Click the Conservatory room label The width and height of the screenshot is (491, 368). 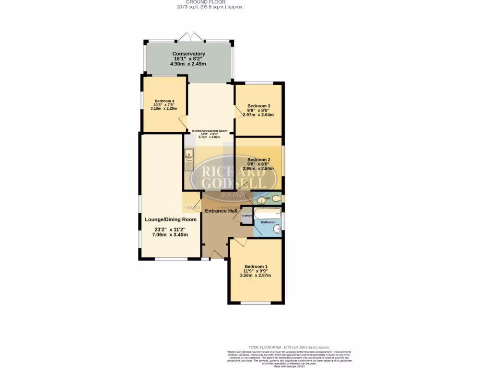pos(189,54)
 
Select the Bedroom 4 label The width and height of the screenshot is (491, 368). pos(164,101)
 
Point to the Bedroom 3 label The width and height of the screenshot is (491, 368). pos(259,106)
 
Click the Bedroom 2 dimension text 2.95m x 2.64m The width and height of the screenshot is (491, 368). pos(259,169)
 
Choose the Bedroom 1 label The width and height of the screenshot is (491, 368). pos(256,266)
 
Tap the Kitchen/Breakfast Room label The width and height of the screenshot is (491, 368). pos(210,131)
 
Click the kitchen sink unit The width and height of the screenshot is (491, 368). pos(189,160)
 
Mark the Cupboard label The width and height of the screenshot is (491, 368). pos(246,216)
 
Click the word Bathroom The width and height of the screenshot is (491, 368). pos(268,222)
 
